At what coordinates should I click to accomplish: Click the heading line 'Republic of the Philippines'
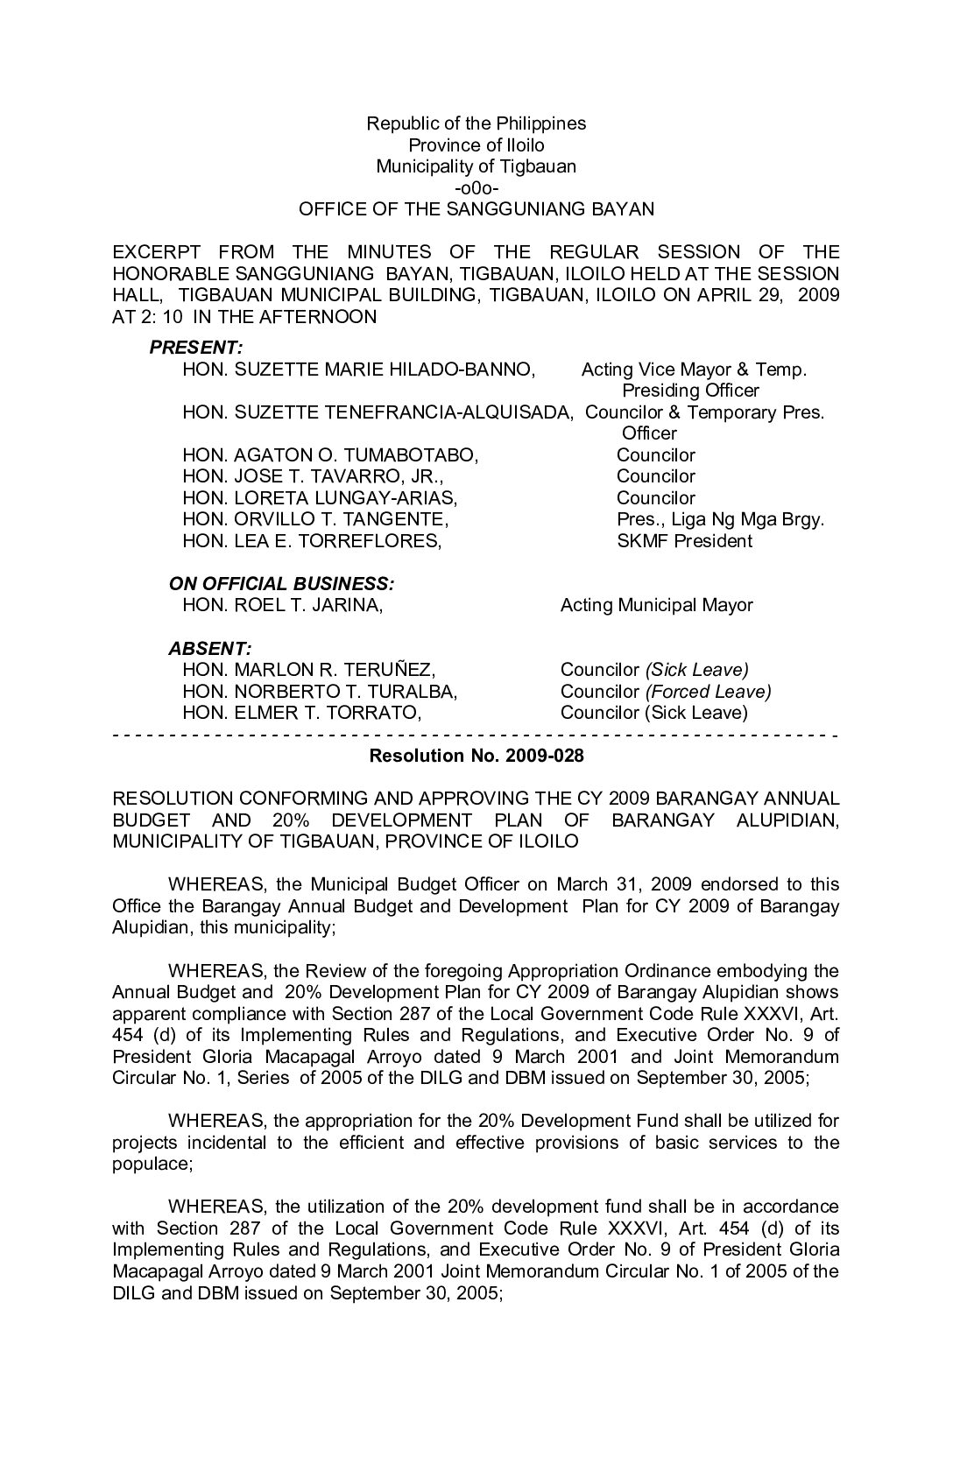pos(476,123)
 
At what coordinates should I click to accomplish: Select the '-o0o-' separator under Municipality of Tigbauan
pos(476,188)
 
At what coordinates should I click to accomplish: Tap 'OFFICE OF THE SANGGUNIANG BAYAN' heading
pos(476,209)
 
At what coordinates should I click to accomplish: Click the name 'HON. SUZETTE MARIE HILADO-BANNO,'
pos(358,370)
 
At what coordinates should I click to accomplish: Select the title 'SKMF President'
pos(684,541)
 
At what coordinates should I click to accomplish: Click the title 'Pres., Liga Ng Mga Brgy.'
pos(720,519)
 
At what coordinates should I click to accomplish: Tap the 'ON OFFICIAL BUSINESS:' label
pos(280,584)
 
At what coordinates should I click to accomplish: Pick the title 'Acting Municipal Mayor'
pos(656,605)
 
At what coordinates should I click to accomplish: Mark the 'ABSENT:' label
pos(209,649)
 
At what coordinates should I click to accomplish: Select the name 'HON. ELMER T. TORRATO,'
pos(302,713)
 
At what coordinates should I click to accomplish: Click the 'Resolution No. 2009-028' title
pos(476,756)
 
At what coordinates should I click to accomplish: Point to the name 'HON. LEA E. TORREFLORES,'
pos(312,541)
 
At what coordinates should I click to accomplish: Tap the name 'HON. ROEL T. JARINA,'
pos(282,605)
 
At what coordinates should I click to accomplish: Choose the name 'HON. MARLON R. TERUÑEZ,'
pos(308,671)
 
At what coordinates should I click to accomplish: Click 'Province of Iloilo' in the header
pos(476,145)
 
